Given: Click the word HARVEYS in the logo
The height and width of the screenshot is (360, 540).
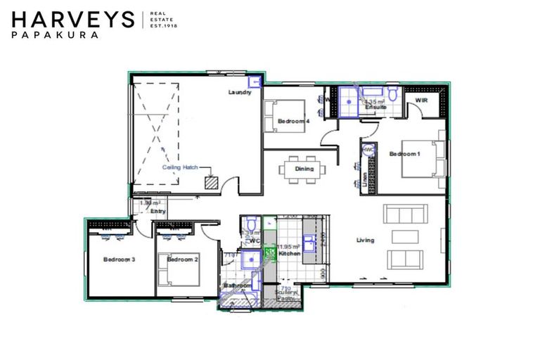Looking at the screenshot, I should coord(73,19).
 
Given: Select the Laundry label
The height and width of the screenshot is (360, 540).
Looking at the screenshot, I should coord(240,93).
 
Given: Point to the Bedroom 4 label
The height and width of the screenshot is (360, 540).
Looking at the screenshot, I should coord(293,122).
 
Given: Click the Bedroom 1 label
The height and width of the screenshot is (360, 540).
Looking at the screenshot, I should coord(404,154).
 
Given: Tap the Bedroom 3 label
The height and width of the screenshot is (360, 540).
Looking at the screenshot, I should coord(119,260).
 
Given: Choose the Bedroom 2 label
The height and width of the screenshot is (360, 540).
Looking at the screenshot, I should coord(182,260).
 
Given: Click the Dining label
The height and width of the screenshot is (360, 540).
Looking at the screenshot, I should coord(304,169).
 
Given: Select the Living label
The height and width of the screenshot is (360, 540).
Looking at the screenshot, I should coord(365,240).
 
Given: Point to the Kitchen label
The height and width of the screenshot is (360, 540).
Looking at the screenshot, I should coord(290,254).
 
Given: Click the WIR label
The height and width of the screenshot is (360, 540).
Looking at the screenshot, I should coord(422,101).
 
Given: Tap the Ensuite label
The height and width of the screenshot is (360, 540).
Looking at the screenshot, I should coord(375,108).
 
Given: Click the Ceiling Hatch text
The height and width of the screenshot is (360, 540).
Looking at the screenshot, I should coord(180,167).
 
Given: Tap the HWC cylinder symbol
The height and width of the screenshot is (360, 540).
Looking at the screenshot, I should coord(368,151).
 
